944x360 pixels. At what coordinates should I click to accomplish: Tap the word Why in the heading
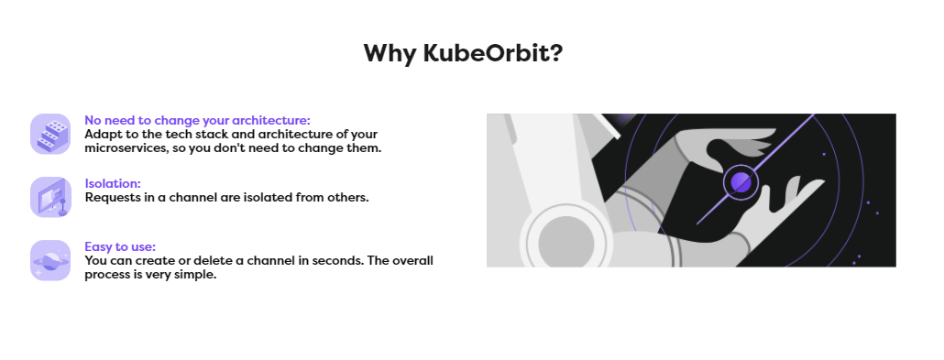point(390,52)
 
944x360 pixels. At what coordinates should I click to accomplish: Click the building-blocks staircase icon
point(50,134)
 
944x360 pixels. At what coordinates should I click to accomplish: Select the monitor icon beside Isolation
point(50,196)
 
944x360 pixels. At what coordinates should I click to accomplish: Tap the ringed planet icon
point(50,260)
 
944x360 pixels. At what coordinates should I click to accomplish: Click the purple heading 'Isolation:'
point(113,183)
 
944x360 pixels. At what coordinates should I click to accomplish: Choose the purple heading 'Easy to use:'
point(120,246)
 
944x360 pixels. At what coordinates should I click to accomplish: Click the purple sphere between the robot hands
point(741,182)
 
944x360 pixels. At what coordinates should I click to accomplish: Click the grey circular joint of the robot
point(568,243)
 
